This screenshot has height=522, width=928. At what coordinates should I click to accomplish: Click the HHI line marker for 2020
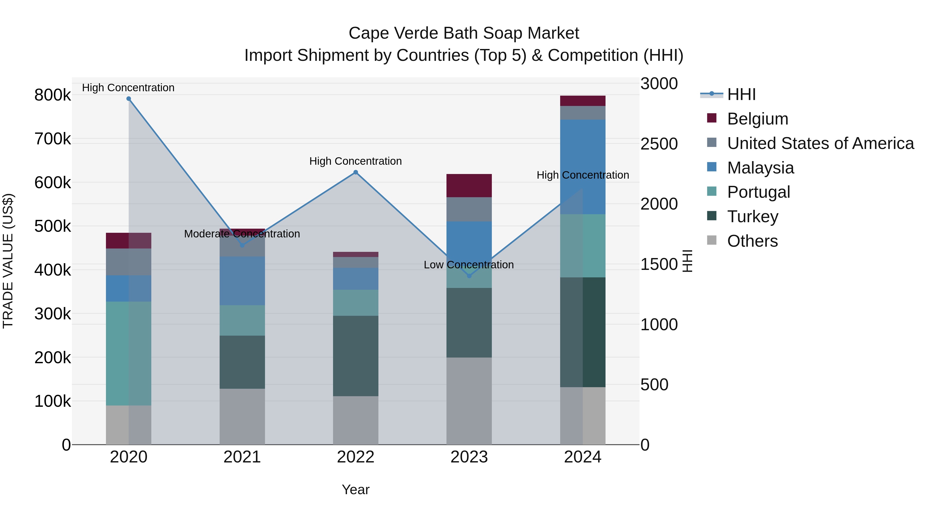click(129, 99)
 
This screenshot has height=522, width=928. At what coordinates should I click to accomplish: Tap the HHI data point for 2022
click(355, 172)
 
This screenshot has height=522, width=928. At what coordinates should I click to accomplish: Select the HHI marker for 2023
click(469, 276)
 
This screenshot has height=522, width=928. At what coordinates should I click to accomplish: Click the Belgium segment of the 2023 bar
click(469, 186)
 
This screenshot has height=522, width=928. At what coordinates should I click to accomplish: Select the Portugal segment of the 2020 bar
click(129, 353)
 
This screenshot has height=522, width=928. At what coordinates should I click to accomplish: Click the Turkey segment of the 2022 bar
click(355, 356)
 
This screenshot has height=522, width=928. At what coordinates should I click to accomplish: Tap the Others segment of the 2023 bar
click(469, 401)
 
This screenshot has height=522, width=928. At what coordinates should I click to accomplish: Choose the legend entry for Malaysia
click(760, 168)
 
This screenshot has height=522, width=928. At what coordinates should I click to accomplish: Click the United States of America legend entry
click(820, 143)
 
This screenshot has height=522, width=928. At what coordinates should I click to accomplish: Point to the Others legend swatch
click(712, 240)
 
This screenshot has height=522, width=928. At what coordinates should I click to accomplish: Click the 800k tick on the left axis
click(53, 95)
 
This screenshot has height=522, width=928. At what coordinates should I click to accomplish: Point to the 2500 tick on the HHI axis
click(659, 144)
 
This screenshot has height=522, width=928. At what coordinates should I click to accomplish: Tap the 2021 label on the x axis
click(242, 457)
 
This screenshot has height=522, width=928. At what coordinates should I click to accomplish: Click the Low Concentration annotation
click(468, 265)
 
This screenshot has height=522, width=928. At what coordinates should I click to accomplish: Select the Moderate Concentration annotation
click(242, 234)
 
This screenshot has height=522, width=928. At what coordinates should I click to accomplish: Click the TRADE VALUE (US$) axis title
click(8, 261)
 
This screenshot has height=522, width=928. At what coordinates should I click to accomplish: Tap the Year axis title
click(355, 490)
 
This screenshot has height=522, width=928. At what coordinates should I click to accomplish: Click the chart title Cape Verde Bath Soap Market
click(464, 33)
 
